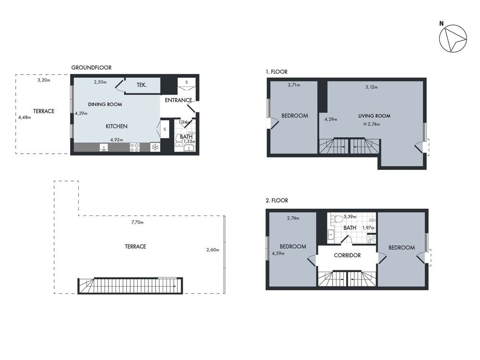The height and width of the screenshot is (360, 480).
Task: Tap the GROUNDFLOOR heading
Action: [x=91, y=68]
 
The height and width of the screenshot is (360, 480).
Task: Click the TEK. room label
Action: [x=142, y=85]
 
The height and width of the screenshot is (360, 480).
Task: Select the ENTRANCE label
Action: [x=178, y=100]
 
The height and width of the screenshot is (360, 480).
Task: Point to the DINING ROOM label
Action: [x=105, y=104]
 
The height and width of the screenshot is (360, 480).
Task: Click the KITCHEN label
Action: [x=117, y=126]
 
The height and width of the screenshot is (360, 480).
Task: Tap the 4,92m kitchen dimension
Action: [x=117, y=140]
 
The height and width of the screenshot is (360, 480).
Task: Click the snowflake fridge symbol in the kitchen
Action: [x=155, y=147]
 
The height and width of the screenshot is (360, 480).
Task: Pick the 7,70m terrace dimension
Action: [x=137, y=222]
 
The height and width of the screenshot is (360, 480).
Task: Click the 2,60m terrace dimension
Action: [x=212, y=250]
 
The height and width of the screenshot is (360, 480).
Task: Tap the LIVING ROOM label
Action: [x=374, y=116]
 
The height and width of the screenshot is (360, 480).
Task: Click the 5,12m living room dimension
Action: [x=371, y=87]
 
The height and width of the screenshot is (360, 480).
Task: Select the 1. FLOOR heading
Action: [x=276, y=72]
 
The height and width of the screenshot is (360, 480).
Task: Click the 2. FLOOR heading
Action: [x=277, y=200]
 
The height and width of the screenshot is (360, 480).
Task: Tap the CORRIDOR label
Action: [x=347, y=255]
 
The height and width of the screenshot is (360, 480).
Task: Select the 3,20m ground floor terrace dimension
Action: [x=44, y=80]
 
